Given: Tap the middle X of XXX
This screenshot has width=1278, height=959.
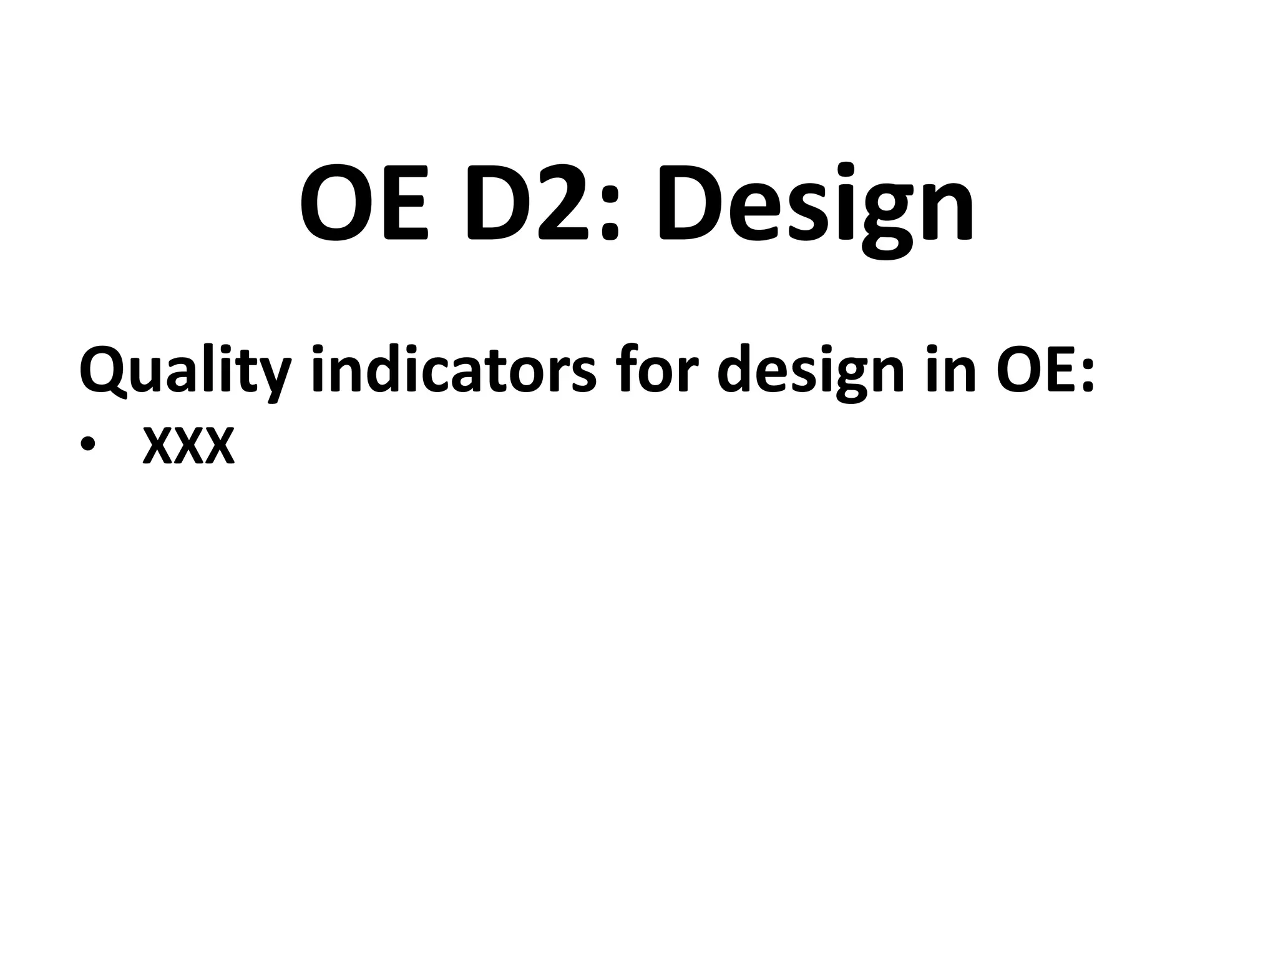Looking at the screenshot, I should (188, 446).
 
